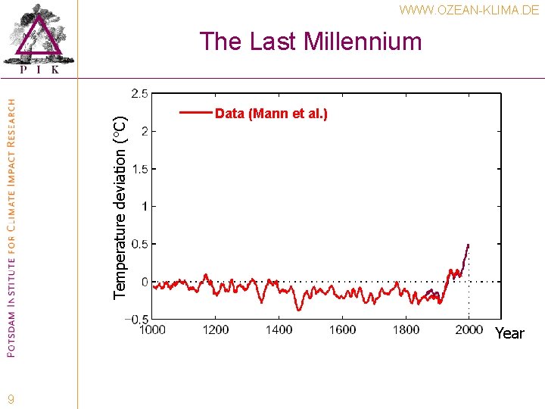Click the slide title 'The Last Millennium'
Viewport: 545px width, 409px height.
point(310,41)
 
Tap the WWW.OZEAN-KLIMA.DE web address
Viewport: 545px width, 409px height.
point(469,11)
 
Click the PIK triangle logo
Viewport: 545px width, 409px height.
point(39,37)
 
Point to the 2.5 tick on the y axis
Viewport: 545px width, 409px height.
point(139,93)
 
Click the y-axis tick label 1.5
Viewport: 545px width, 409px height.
point(139,168)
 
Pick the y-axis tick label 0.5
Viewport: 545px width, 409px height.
point(139,244)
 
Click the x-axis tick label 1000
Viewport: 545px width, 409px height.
point(152,329)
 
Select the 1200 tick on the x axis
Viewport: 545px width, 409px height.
point(216,329)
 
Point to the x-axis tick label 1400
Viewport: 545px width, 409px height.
point(279,329)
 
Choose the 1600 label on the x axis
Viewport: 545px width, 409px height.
point(342,329)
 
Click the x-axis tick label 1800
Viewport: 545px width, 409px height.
point(406,329)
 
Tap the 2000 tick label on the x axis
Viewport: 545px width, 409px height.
point(469,329)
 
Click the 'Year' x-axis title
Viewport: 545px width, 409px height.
point(509,334)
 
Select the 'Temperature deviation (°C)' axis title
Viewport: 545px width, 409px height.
point(120,197)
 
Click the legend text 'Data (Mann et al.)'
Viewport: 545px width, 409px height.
point(271,114)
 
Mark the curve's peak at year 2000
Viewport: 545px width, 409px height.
point(468,245)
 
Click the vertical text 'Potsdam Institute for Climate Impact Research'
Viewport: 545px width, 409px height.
point(11,227)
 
